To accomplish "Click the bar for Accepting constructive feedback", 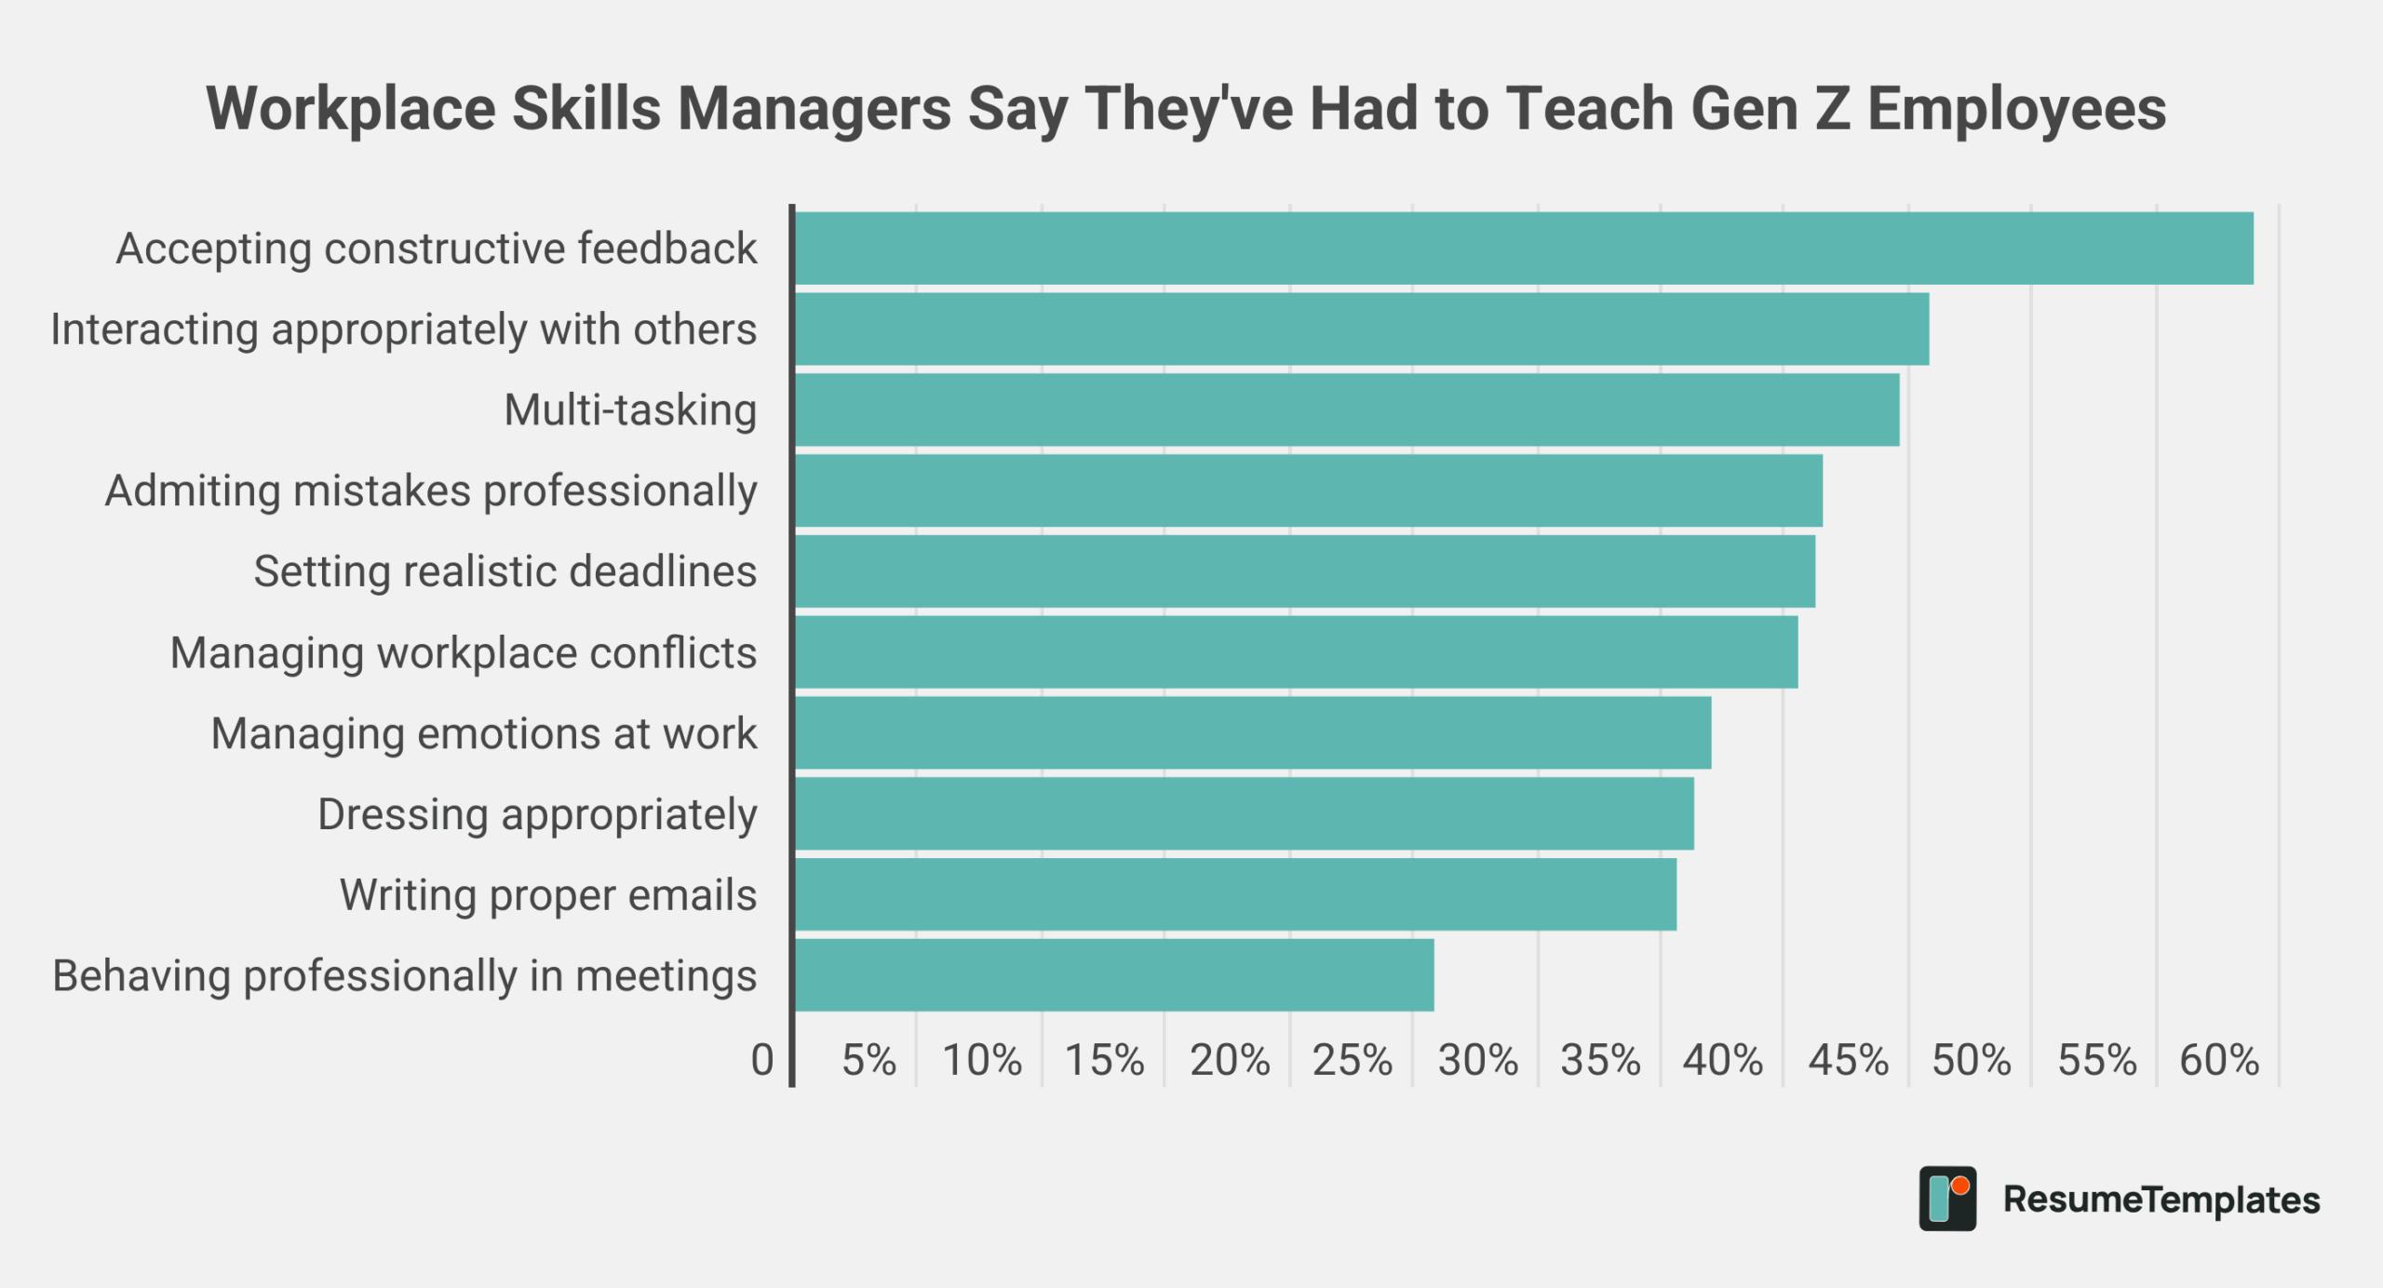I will point(1524,248).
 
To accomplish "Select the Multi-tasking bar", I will point(1346,409).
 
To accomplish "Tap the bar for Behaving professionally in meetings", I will point(1113,975).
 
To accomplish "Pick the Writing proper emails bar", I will point(1234,894).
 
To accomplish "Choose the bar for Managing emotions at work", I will point(1252,733).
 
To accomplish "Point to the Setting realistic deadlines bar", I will point(1304,571).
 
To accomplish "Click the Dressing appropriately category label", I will point(537,814).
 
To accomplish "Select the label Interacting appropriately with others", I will point(403,329).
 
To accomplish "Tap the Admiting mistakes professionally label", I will point(430,491).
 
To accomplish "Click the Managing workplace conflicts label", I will point(463,653).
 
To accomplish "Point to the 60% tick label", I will point(2218,1060).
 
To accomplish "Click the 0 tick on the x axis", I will point(762,1060).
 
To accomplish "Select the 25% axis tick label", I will point(1352,1060).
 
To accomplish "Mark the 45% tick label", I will point(1848,1060).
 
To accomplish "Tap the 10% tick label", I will point(982,1060).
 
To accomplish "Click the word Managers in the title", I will point(815,109).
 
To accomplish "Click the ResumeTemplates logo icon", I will point(1947,1199).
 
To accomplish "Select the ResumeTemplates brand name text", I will point(2161,1200).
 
